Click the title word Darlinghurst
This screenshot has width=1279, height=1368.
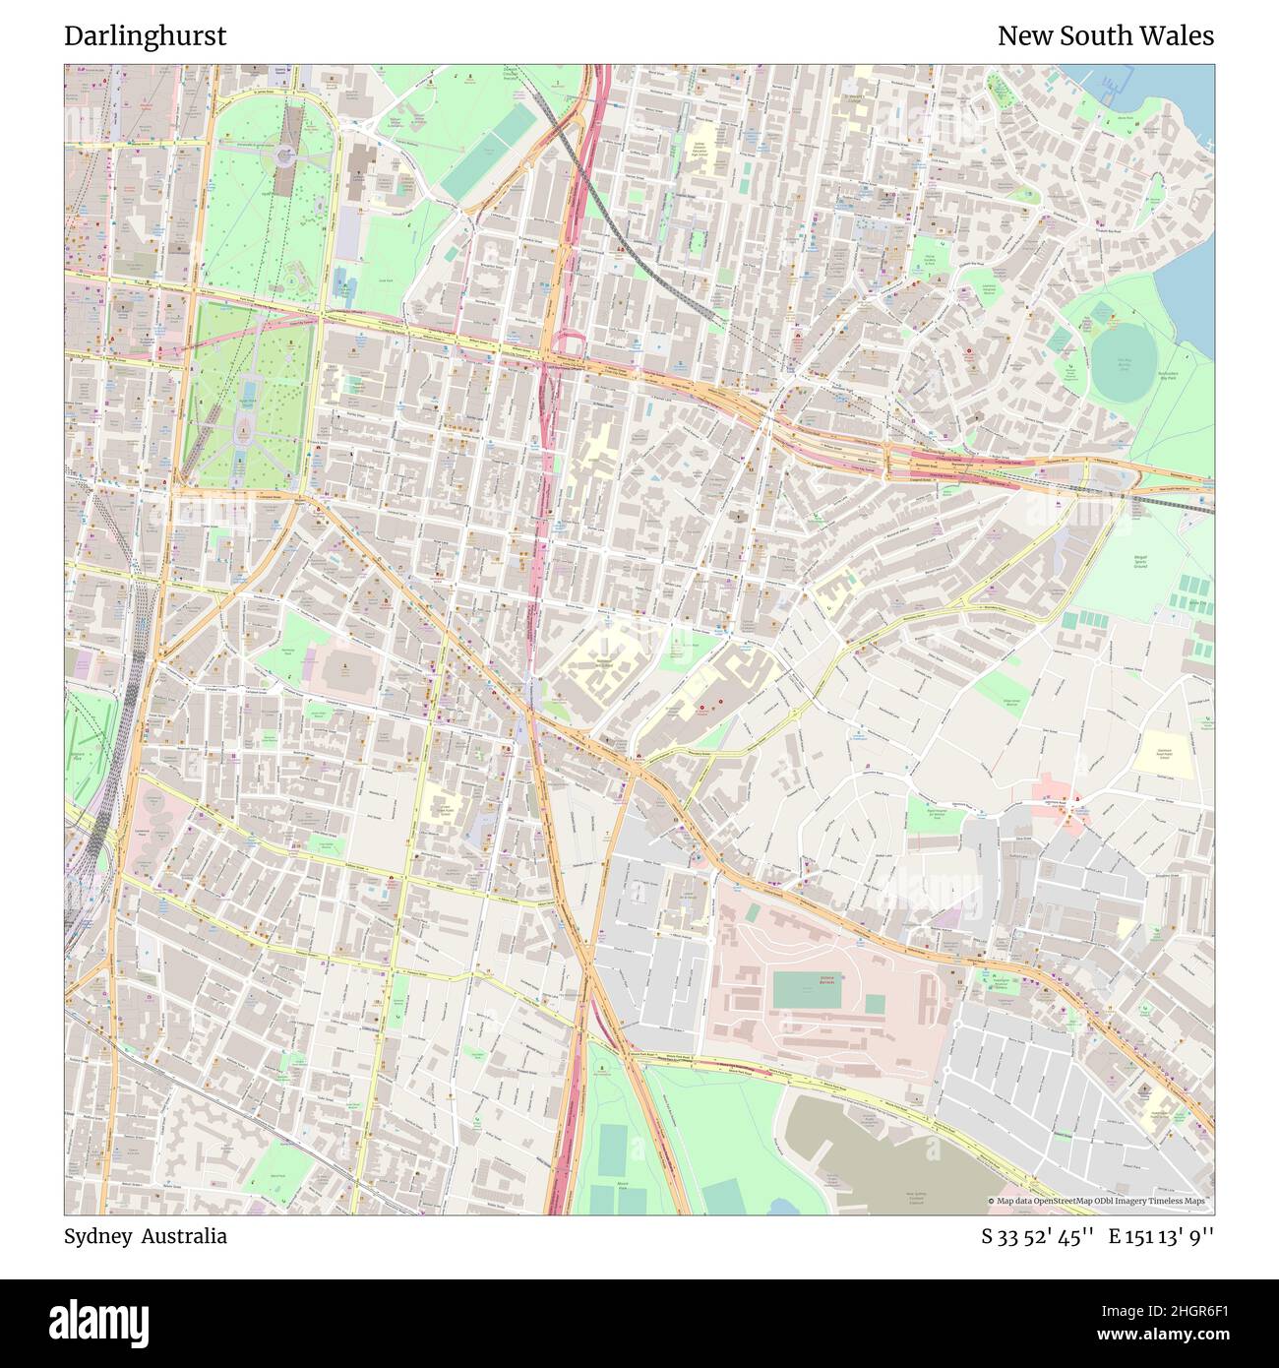(146, 36)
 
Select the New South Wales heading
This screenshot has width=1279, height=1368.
(1105, 36)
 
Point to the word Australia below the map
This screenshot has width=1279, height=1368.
(184, 1236)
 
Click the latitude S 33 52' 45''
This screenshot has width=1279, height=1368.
(1037, 1237)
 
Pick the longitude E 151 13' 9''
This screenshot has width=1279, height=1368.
(1161, 1237)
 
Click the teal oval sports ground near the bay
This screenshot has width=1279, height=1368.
(1123, 363)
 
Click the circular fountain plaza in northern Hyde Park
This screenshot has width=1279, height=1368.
(284, 155)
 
